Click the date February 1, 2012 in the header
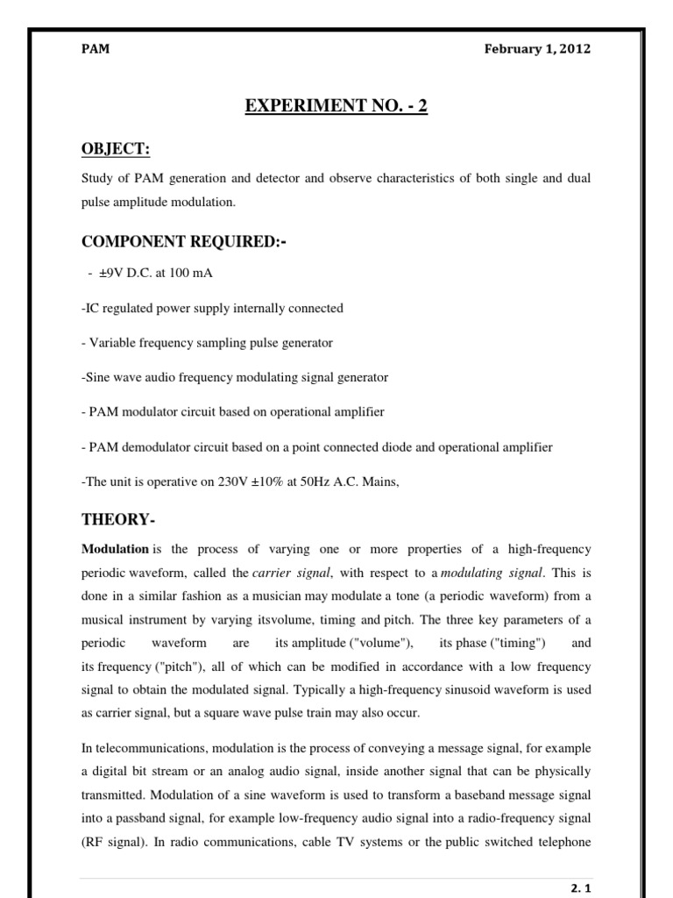(537, 49)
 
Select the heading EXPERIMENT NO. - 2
(336, 109)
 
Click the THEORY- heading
(114, 519)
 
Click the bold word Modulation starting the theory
(115, 550)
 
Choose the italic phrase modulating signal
(492, 574)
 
